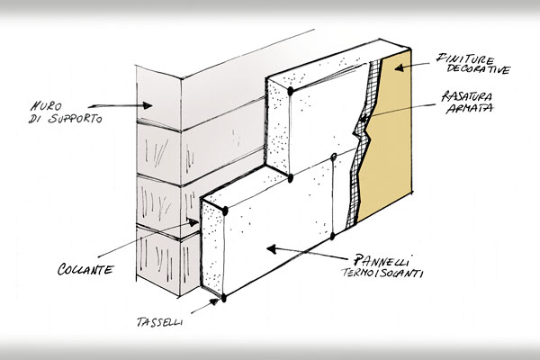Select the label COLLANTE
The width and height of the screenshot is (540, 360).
(x=86, y=269)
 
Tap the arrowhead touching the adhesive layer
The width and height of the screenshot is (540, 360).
(x=195, y=221)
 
